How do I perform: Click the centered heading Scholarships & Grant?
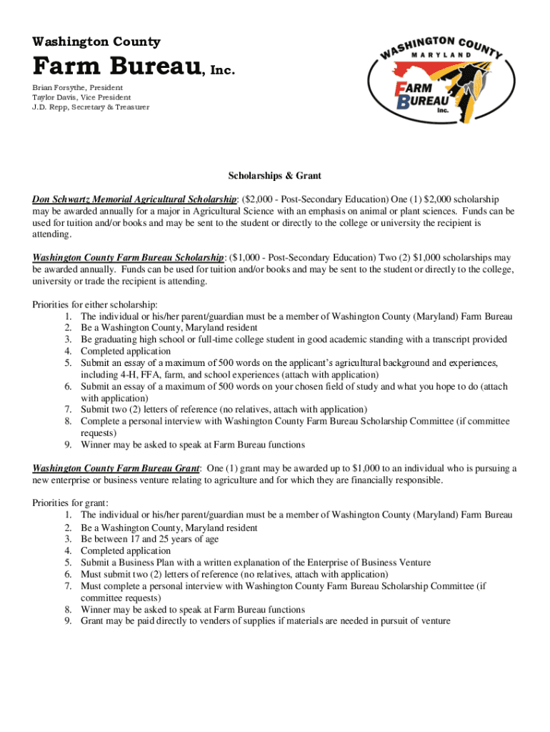[x=275, y=175]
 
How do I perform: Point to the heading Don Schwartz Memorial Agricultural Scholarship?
[x=134, y=199]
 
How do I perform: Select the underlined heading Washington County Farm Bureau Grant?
[x=116, y=468]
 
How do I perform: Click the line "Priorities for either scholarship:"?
[x=95, y=305]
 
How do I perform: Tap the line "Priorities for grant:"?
[x=70, y=503]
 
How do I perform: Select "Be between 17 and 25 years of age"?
[x=149, y=539]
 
